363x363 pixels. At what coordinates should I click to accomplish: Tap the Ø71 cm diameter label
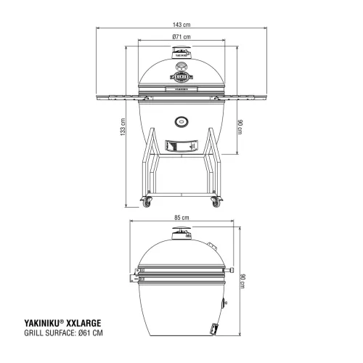click(x=181, y=37)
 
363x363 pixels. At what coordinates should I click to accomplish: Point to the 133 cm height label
click(x=124, y=129)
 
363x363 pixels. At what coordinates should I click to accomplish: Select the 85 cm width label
click(x=181, y=218)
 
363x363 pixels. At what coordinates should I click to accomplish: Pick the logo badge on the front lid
click(x=181, y=73)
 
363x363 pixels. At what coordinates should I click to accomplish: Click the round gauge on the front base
click(x=181, y=121)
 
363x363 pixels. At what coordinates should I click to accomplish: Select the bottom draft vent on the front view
click(x=181, y=145)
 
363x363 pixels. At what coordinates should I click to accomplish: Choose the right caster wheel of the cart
click(x=214, y=202)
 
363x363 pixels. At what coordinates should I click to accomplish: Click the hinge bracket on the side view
click(x=135, y=277)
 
